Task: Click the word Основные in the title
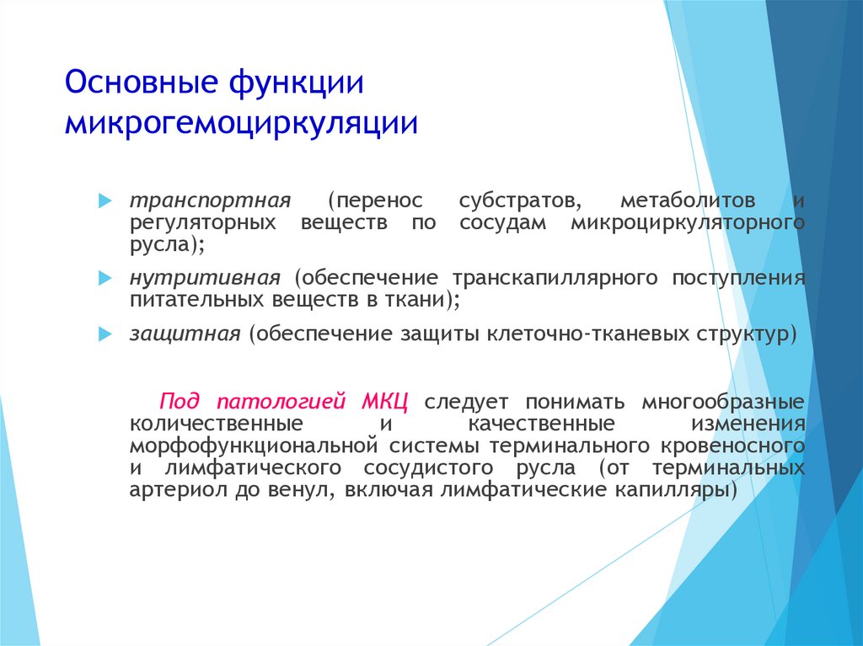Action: point(142,82)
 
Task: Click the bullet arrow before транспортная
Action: point(105,200)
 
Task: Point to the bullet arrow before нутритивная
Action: point(105,279)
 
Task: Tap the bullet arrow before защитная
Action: point(105,334)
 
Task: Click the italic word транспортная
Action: point(210,201)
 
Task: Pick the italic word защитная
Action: point(185,334)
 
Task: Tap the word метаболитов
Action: point(688,200)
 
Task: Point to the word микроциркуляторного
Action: point(688,223)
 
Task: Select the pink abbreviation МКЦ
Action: point(384,401)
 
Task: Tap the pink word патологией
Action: point(281,402)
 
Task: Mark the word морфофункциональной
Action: point(254,446)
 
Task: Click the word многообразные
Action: point(723,403)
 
